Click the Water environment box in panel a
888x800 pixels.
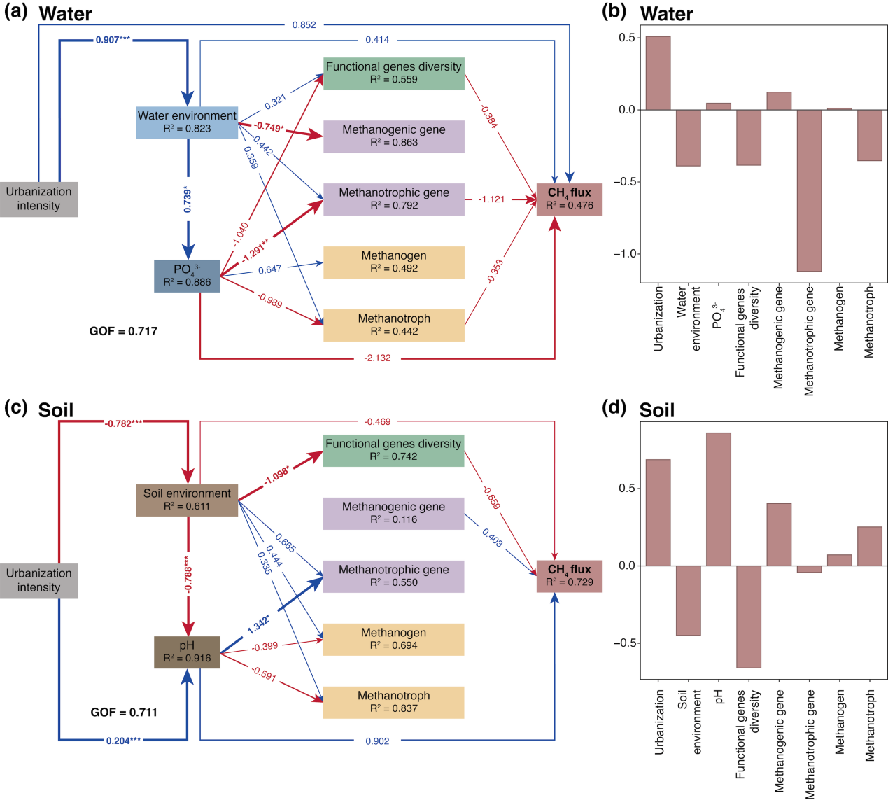coord(187,122)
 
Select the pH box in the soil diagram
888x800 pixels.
coord(187,652)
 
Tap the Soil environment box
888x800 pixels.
coord(187,500)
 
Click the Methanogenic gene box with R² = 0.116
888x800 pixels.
coord(393,513)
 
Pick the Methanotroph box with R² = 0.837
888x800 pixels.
coord(393,702)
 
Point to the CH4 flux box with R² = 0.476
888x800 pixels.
coord(569,199)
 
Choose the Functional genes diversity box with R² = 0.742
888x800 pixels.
coord(393,450)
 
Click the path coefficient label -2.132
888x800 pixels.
coord(377,358)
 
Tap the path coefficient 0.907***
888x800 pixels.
coord(113,40)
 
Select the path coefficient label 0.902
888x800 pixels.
coord(377,741)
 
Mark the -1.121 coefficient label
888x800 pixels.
coord(491,199)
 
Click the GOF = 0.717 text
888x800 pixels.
coord(123,331)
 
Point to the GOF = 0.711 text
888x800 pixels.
coord(124,713)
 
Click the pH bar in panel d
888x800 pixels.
coord(719,499)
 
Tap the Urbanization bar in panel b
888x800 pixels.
coord(658,73)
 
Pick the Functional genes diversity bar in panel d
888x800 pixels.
coord(749,617)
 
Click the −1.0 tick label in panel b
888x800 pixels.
coord(624,254)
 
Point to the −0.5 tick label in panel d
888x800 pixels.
coord(624,643)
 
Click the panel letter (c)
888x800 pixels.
coord(15,408)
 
